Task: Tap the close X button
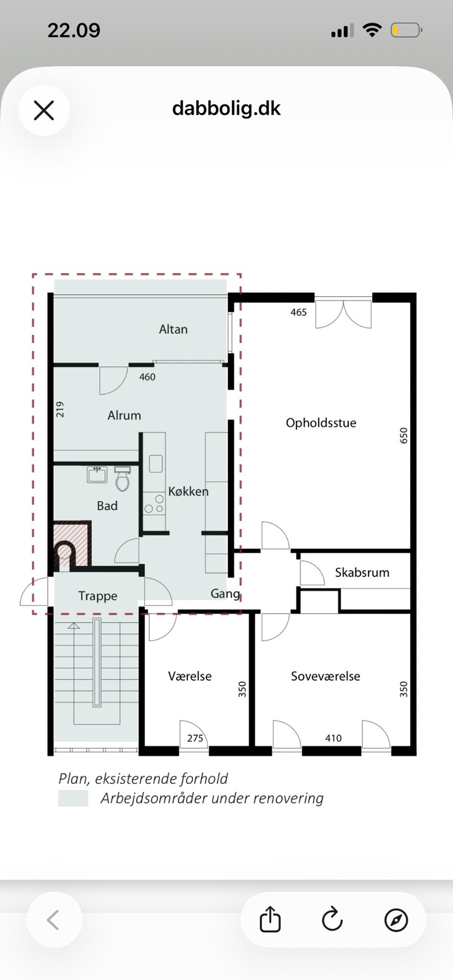44,110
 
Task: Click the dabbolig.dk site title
226,108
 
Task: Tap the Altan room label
173,329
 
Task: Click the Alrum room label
124,415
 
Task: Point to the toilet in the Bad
122,478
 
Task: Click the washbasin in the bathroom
97,474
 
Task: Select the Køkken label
188,491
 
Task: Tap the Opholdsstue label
321,423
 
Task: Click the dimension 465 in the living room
299,312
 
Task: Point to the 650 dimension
403,435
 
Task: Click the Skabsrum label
362,572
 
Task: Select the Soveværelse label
325,676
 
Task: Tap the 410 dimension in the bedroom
333,738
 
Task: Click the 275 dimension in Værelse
195,738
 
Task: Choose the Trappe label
97,596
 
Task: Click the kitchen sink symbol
155,464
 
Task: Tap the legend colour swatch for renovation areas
73,798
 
